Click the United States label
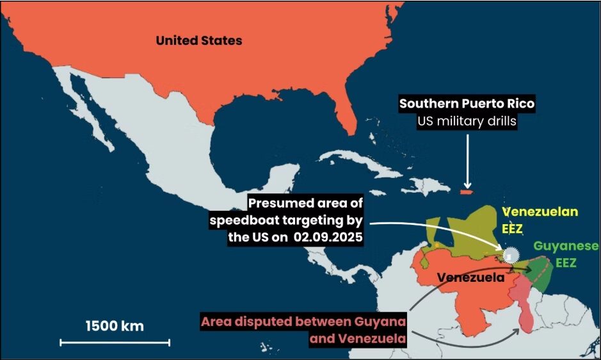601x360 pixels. point(199,40)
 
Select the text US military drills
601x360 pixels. point(466,121)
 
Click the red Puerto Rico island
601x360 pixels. point(466,191)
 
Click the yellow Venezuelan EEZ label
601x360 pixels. point(540,218)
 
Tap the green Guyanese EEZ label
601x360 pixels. point(566,254)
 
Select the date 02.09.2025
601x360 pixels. point(330,237)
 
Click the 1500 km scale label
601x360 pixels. point(115,325)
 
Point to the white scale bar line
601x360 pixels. point(115,343)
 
